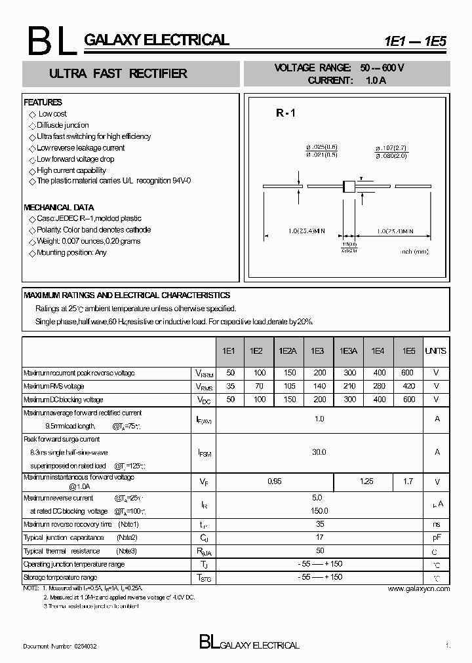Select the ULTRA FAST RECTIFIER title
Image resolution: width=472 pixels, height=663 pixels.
(x=118, y=73)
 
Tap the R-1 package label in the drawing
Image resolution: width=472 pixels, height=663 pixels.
(x=286, y=113)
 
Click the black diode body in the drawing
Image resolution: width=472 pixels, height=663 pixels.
(x=349, y=186)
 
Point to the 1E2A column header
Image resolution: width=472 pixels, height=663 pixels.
(x=287, y=351)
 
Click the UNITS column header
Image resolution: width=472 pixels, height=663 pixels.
(x=436, y=351)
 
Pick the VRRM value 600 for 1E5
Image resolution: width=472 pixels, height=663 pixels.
(x=408, y=373)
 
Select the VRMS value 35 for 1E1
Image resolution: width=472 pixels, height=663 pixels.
(x=229, y=387)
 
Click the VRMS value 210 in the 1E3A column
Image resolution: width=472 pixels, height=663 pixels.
(x=349, y=387)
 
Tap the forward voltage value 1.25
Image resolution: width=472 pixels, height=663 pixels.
(x=366, y=482)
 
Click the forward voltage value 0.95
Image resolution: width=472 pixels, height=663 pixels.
(x=275, y=482)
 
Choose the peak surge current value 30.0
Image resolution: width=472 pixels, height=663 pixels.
(x=319, y=452)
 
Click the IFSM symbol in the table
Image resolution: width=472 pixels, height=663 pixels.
(x=204, y=452)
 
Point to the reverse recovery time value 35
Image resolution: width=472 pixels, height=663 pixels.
(x=319, y=525)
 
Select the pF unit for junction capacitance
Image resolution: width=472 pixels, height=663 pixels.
(x=437, y=538)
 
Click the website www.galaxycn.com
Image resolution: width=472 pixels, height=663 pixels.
(x=419, y=589)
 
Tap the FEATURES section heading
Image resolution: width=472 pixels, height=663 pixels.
(x=43, y=102)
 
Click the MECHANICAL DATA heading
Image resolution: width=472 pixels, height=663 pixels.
(x=59, y=207)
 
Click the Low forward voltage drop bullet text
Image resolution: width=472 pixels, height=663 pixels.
(x=75, y=159)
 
